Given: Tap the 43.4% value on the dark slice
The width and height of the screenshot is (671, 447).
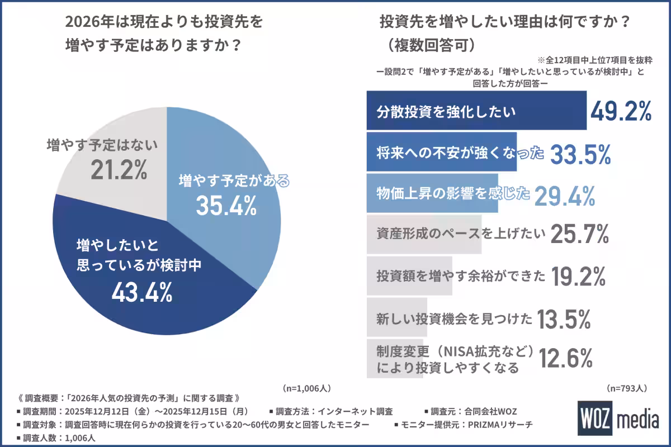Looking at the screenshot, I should point(141,292).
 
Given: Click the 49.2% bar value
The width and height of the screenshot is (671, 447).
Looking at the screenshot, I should point(620,111).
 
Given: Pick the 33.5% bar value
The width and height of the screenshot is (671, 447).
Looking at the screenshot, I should point(580,155).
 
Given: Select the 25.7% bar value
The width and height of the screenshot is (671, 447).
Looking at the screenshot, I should point(579,235).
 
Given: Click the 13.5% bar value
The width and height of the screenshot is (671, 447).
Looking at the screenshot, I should point(564,319).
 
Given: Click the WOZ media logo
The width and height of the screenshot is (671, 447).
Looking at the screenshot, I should point(618,419).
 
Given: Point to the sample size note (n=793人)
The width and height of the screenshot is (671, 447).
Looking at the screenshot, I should point(627,387).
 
